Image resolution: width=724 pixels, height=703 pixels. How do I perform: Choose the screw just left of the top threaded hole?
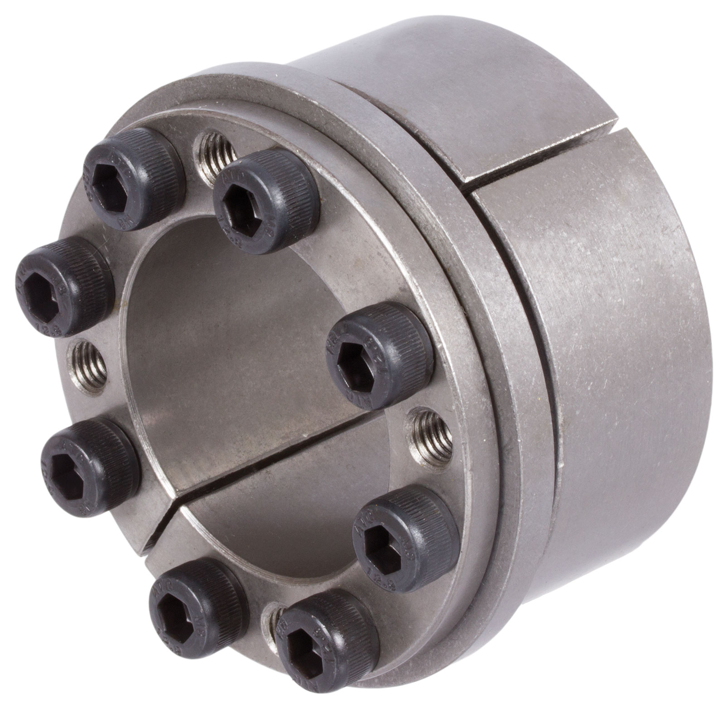point(131,177)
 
